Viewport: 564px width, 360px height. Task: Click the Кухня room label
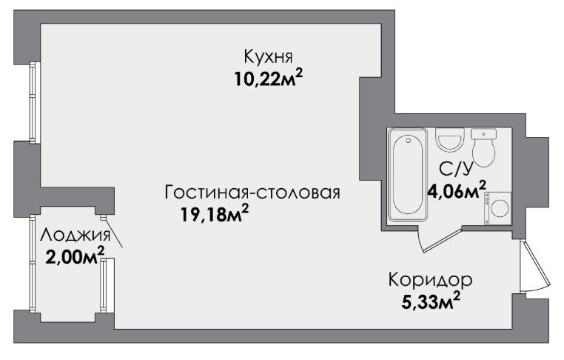point(269,57)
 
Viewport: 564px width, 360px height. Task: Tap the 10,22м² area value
point(269,79)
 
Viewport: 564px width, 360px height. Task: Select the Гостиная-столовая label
point(252,193)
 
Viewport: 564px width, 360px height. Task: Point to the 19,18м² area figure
point(215,214)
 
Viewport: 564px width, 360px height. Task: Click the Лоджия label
point(75,235)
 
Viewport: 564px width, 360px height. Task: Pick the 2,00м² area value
point(75,256)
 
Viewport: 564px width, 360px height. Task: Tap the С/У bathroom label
point(455,169)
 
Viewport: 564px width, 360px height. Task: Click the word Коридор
point(430,281)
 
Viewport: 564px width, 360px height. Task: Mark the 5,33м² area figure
point(431,301)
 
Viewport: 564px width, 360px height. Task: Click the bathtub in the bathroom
point(408,174)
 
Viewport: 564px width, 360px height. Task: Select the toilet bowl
point(483,153)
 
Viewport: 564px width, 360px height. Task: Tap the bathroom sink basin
point(449,139)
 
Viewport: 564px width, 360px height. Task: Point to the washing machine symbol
point(497,208)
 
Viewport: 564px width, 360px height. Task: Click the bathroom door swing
point(440,239)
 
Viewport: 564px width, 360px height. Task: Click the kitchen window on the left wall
point(34,103)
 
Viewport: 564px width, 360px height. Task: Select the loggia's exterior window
point(33,264)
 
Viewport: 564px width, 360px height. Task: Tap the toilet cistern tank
point(483,133)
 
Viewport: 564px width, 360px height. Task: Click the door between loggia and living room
point(113,231)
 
